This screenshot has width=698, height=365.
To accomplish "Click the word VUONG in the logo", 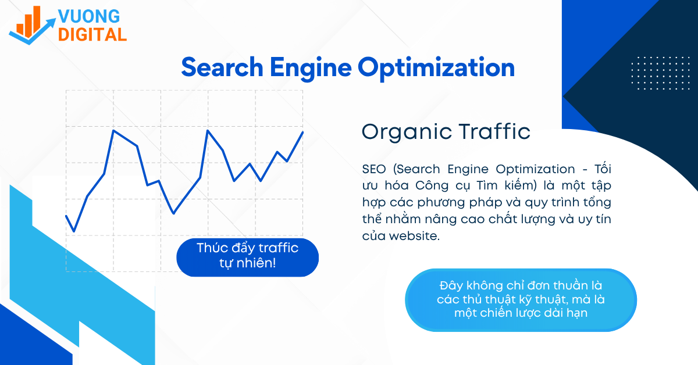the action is coord(89,16).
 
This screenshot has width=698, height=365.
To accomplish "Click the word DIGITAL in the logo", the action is coord(92,34).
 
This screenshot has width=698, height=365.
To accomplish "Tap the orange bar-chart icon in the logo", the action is coord(29,22).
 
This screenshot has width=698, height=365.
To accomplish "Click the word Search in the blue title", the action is coord(222,67).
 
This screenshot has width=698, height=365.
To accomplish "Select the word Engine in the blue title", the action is coord(311,69).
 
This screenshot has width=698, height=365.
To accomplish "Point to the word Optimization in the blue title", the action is coord(436,69).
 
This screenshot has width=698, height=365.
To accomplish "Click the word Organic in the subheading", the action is coord(407,133).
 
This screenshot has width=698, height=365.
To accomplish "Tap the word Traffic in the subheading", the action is coord(494,131).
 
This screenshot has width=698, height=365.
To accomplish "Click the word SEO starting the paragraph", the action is coord(374,169).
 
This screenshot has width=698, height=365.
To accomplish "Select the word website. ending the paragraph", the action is coord(414,236).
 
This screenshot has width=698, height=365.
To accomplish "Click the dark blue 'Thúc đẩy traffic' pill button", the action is coord(247,257).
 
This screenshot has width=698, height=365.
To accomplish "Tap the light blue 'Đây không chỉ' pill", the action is coord(521,300).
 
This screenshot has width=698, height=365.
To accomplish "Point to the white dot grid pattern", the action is coord(660,73).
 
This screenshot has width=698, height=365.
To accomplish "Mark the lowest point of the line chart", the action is coord(74,231).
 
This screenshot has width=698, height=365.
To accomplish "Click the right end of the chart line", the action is coord(302,133).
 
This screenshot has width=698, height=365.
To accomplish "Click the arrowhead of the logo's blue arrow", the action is coord(52,22).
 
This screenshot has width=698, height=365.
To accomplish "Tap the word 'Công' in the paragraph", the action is coord(432,186).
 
